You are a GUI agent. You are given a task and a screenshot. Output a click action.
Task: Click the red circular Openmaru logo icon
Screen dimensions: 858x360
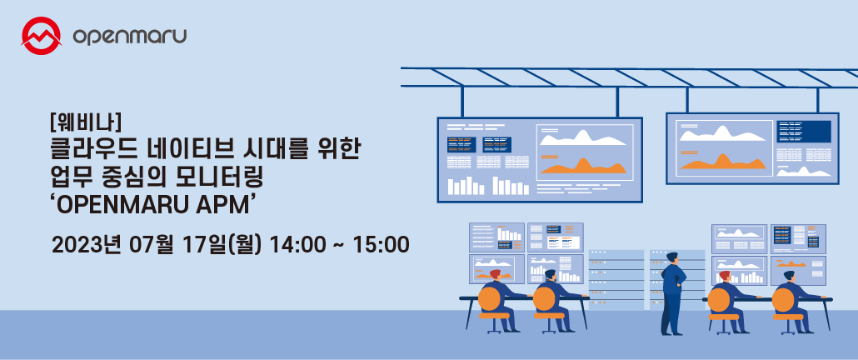tap(41, 36)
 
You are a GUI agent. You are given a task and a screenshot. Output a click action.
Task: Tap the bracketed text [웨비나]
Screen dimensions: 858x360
tap(85, 121)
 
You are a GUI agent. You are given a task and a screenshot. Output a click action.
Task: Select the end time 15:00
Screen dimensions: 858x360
tap(382, 244)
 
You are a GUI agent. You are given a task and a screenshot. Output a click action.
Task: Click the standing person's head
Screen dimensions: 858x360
tap(671, 257)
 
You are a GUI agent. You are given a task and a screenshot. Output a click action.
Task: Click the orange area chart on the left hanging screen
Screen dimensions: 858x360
tap(583, 165)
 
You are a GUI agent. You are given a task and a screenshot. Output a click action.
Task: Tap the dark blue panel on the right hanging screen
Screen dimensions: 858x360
tap(804, 132)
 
